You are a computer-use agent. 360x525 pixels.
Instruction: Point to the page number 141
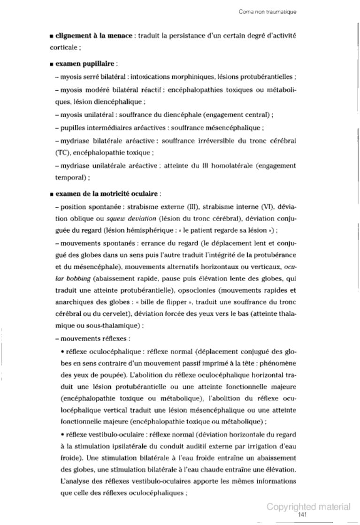303,515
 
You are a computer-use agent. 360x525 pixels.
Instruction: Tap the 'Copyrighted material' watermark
308,507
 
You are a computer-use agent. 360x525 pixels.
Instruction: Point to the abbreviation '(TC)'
56,152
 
